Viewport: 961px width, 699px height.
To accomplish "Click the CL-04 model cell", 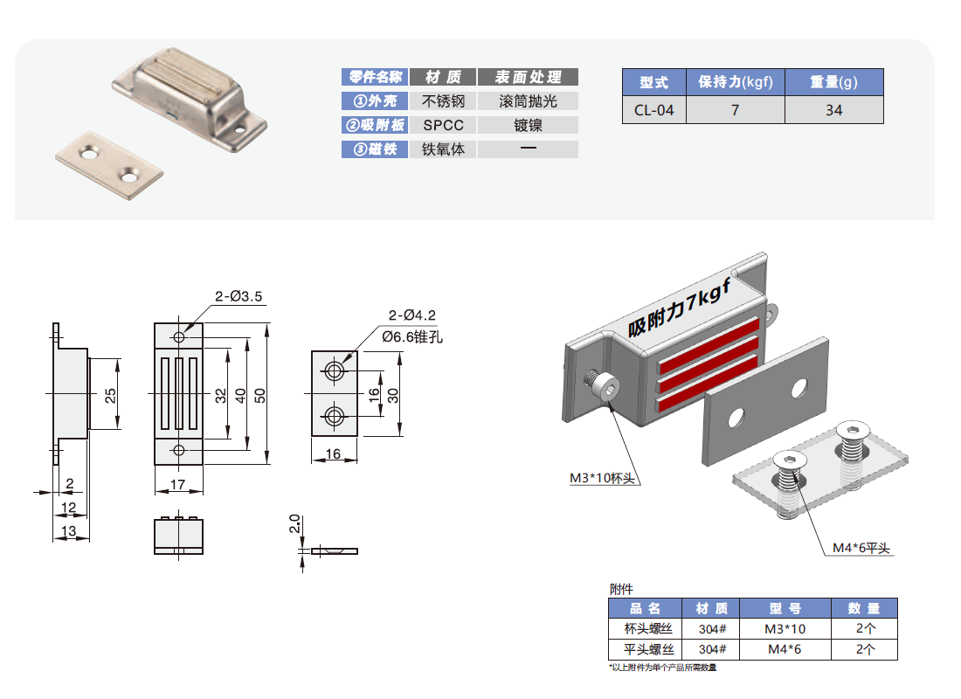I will tap(653, 110).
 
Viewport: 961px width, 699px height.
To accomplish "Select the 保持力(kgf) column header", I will tap(735, 83).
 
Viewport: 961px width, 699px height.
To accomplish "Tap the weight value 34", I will tap(833, 110).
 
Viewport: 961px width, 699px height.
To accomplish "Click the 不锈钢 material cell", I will tap(443, 101).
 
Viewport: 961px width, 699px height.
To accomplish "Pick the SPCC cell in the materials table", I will tap(443, 125).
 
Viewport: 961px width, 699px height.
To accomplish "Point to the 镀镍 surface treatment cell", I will tap(528, 125).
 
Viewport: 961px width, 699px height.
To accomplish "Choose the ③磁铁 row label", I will tap(374, 149).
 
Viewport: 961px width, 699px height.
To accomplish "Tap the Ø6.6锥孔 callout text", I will tap(412, 336).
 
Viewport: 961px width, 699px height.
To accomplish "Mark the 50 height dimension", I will tap(259, 395).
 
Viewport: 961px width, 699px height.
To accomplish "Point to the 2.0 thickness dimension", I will tap(294, 524).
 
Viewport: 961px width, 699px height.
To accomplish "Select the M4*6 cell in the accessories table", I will tap(784, 649).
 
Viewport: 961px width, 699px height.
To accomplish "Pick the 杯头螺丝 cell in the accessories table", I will tap(648, 629).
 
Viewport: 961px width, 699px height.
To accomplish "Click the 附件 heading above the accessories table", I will tap(621, 589).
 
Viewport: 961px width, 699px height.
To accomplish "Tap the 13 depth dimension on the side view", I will tap(69, 530).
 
